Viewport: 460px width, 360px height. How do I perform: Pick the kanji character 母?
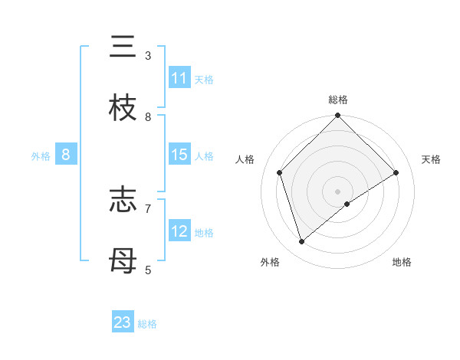123,261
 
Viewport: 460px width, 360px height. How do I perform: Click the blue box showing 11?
179,78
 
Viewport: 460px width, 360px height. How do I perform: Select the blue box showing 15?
179,155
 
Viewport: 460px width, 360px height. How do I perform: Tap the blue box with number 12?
179,231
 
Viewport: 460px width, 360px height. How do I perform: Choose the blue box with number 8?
66,155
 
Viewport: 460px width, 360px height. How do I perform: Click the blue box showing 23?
123,322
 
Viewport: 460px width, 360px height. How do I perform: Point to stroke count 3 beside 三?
148,56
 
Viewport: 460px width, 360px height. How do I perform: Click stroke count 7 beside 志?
148,208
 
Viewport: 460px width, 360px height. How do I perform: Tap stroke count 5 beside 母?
148,270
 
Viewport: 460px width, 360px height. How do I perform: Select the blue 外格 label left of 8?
41,155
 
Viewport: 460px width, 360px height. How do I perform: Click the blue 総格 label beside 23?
147,324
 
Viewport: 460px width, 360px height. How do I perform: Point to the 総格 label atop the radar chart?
338,100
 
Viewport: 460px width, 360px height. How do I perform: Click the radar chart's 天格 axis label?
431,159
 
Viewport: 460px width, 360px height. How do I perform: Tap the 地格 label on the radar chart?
402,262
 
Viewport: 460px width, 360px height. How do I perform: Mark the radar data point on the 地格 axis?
347,204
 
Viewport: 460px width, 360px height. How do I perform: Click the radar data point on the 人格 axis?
280,172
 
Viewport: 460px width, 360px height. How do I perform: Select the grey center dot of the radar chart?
338,191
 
